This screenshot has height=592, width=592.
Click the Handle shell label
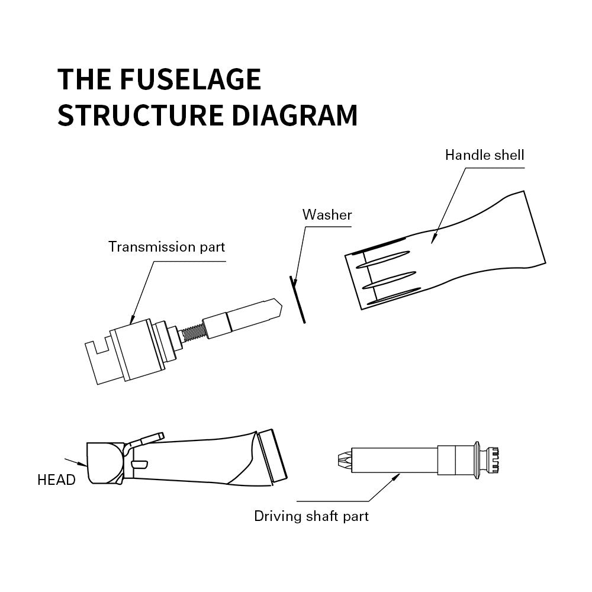point(484,156)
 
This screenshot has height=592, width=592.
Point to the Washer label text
point(327,215)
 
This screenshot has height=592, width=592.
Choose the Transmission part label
point(166,247)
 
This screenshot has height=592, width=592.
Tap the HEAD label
point(56,480)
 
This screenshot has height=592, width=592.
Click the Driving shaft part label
point(311,516)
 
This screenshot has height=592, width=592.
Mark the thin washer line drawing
point(297,300)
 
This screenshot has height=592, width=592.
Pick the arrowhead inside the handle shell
point(433,238)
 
